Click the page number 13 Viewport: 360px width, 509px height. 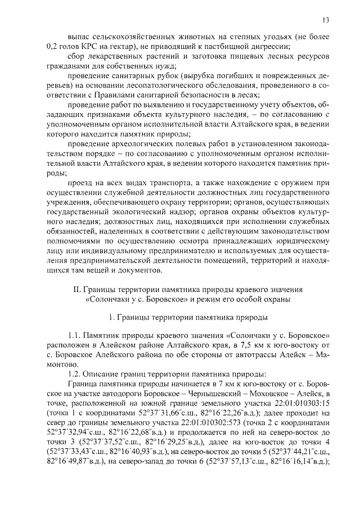(x=326, y=21)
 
